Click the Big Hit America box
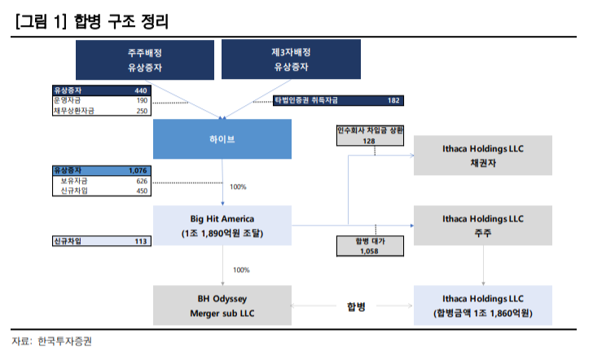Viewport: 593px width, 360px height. tap(222, 226)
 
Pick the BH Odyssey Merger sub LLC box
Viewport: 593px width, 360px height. tap(222, 306)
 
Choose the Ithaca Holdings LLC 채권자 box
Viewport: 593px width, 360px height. tap(484, 155)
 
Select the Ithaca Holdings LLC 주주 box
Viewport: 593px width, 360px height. tap(484, 226)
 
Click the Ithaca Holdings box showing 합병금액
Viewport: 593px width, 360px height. tap(484, 306)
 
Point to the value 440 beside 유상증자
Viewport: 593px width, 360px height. tap(140, 90)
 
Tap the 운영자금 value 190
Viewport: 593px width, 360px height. tap(141, 100)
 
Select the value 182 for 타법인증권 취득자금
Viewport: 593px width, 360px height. tap(393, 100)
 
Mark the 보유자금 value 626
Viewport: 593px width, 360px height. tap(141, 181)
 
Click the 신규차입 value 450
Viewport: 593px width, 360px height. tap(141, 191)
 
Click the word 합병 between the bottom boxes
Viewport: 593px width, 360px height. tap(356, 306)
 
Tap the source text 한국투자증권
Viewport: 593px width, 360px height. tap(65, 341)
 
